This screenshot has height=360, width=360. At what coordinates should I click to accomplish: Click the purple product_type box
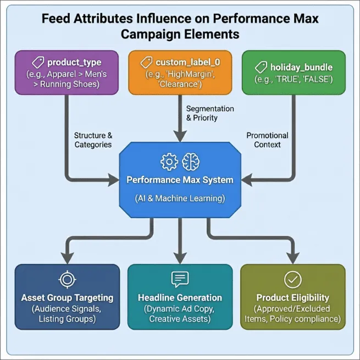click(x=66, y=72)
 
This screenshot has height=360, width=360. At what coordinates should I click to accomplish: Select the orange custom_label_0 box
click(x=180, y=72)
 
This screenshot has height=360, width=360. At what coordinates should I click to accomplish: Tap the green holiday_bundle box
click(x=293, y=72)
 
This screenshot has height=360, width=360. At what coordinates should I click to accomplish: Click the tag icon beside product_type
click(x=37, y=62)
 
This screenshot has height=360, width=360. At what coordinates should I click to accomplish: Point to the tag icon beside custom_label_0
click(x=147, y=62)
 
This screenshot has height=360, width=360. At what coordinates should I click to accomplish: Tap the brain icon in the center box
click(x=191, y=162)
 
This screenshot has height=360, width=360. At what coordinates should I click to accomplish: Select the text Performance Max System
click(x=180, y=180)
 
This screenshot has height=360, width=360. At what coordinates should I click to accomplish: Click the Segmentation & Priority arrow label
click(x=210, y=113)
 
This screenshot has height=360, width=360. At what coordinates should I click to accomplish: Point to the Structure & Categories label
click(x=93, y=140)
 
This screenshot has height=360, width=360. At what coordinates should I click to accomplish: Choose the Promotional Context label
click(x=267, y=140)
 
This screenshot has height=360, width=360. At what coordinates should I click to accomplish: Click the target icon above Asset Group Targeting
click(x=67, y=280)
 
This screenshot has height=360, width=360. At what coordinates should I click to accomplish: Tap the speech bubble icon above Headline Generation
click(x=180, y=280)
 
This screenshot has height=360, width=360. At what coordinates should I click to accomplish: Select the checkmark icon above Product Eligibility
click(x=292, y=280)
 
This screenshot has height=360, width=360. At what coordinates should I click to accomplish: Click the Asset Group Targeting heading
click(x=67, y=298)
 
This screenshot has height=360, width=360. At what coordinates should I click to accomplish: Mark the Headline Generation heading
click(x=180, y=298)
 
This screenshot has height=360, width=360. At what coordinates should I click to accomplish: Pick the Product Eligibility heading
click(x=292, y=298)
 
